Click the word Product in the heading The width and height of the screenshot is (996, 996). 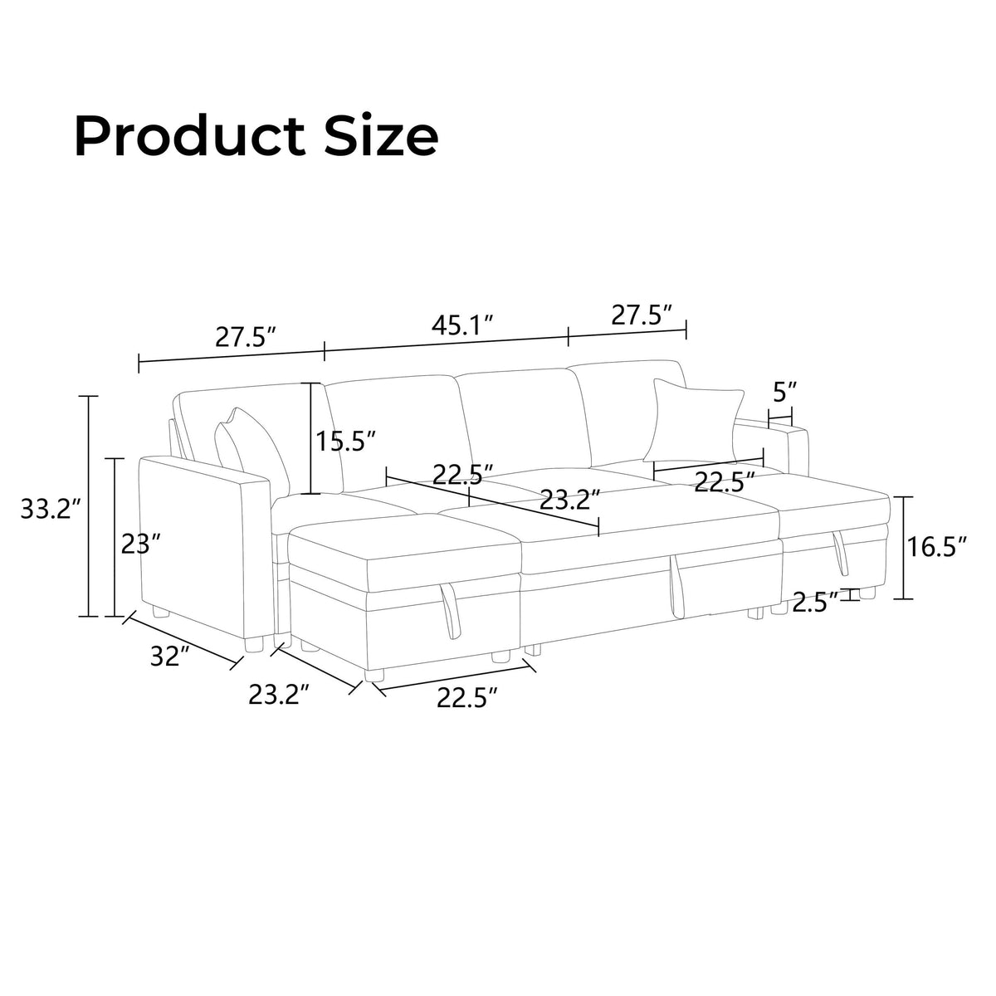[190, 136]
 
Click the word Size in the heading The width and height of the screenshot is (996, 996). [382, 136]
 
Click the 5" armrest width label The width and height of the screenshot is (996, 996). [785, 393]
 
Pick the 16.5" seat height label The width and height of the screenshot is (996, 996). [936, 546]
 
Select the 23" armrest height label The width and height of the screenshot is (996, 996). [140, 544]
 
